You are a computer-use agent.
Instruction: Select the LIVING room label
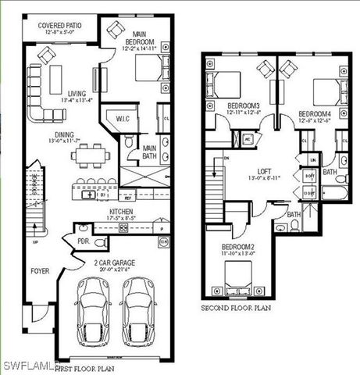(77, 95)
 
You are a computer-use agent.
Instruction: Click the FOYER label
(40, 271)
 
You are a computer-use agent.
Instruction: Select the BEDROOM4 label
(314, 114)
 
